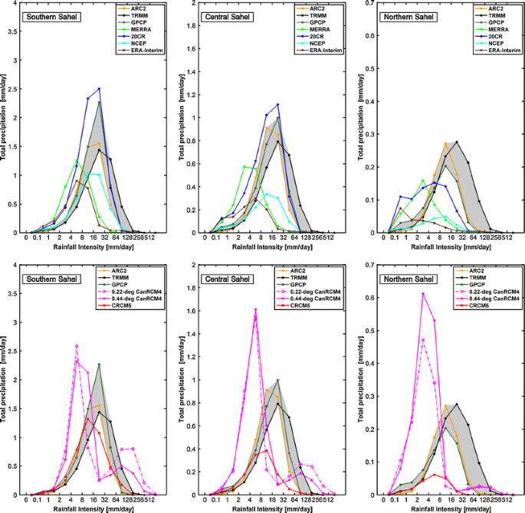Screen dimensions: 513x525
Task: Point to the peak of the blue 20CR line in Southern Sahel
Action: click(x=99, y=89)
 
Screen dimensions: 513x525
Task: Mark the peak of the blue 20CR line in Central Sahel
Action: click(x=277, y=105)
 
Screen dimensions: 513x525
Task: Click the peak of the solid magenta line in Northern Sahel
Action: click(x=422, y=293)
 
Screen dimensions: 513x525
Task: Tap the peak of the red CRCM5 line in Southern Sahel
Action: click(x=88, y=418)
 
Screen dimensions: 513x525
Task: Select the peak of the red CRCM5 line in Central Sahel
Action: click(x=266, y=450)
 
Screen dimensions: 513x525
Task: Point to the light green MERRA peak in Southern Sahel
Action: click(x=77, y=160)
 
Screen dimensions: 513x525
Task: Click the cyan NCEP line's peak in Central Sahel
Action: click(x=266, y=193)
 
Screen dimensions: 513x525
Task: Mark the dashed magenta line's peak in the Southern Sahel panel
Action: click(x=77, y=346)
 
